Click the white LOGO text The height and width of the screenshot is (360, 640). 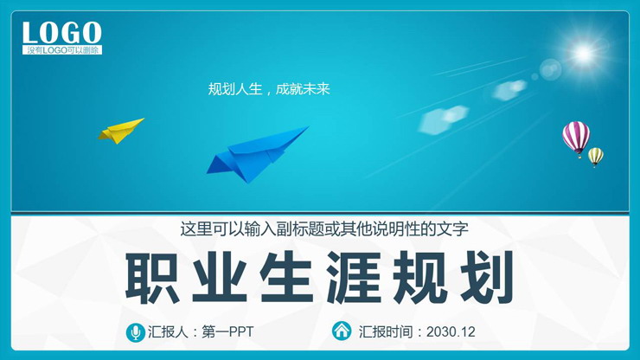61,33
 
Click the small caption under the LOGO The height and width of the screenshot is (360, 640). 63,50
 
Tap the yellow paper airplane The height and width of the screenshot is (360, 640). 120,130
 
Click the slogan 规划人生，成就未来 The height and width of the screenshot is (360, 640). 269,88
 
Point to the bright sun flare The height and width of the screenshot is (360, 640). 584,53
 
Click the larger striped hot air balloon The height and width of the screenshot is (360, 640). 575,136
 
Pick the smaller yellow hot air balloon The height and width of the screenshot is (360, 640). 596,157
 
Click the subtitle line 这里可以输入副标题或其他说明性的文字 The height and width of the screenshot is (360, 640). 324,229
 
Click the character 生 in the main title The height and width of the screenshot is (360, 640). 289,277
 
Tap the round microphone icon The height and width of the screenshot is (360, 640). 135,331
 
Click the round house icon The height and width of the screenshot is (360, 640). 342,331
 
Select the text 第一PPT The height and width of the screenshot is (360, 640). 227,331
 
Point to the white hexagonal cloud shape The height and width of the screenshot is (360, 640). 444,120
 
